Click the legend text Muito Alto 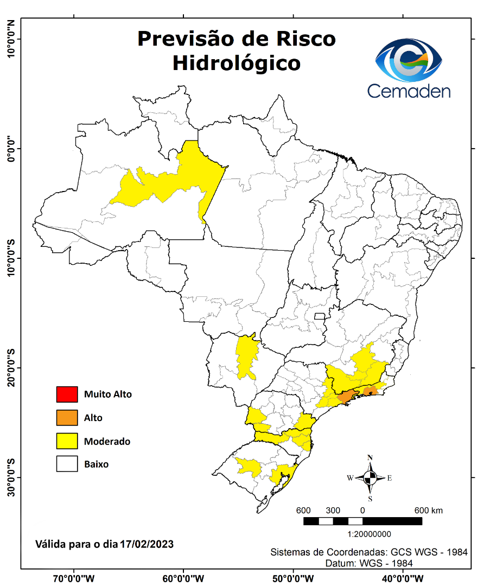click(x=107, y=394)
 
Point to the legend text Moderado click(x=107, y=441)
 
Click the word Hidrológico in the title click(x=237, y=63)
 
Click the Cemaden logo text click(x=409, y=91)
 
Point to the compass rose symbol click(x=370, y=477)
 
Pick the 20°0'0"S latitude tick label click(x=11, y=368)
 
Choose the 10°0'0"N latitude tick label click(x=11, y=39)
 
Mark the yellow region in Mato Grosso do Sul click(x=246, y=355)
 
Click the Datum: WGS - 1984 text click(x=369, y=563)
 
